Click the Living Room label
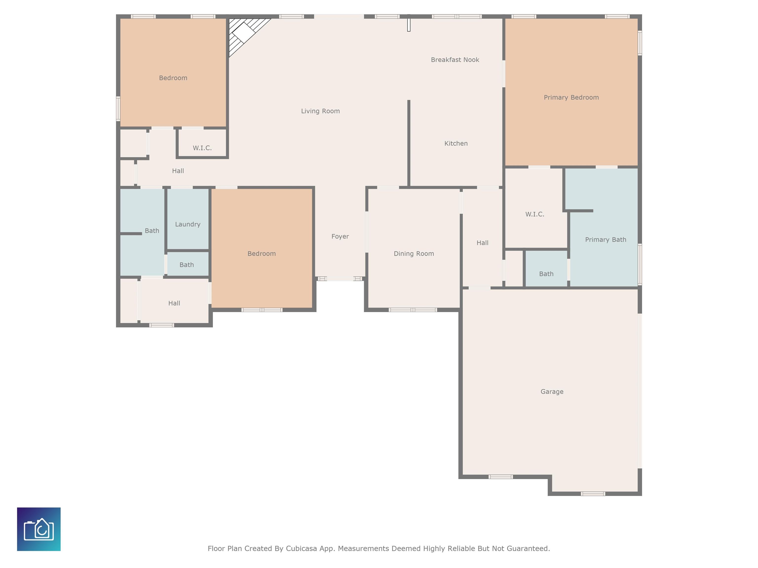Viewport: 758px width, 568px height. click(321, 111)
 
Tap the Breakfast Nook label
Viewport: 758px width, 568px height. click(455, 60)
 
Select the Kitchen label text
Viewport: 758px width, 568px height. click(456, 143)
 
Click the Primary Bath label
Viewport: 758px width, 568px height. click(606, 240)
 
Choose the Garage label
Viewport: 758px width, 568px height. click(552, 392)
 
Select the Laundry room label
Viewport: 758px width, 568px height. click(188, 224)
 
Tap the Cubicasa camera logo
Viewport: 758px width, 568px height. click(39, 529)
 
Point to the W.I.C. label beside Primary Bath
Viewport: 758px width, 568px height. click(535, 214)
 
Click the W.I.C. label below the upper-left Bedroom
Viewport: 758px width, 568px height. click(202, 148)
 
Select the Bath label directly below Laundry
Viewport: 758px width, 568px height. click(187, 265)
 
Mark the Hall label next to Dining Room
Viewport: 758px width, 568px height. click(482, 243)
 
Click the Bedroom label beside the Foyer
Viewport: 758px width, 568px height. click(262, 254)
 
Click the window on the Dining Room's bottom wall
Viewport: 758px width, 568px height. click(413, 310)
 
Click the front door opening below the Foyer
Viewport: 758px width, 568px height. click(340, 279)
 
